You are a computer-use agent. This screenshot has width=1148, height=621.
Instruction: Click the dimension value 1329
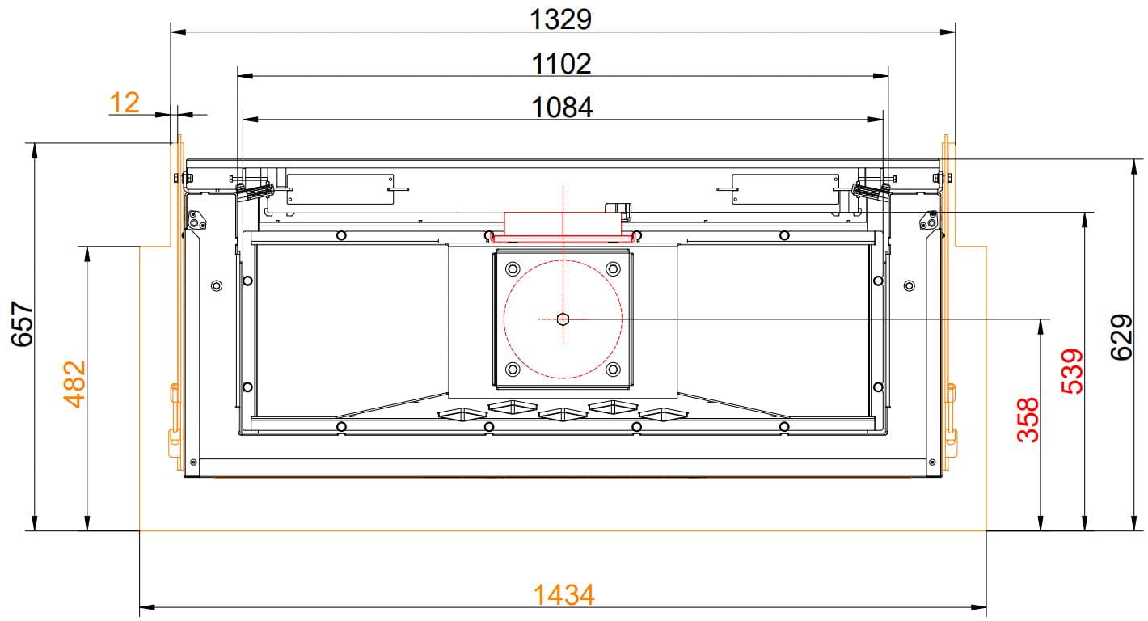pyautogui.click(x=560, y=19)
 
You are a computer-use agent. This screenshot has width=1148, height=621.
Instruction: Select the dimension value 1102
pyautogui.click(x=561, y=64)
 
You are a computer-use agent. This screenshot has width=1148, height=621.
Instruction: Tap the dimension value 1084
pyautogui.click(x=562, y=108)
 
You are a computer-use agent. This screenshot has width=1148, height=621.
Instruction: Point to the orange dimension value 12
pyautogui.click(x=125, y=103)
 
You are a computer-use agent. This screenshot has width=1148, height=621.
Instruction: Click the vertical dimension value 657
pyautogui.click(x=23, y=323)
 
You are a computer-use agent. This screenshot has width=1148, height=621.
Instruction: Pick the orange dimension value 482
pyautogui.click(x=74, y=384)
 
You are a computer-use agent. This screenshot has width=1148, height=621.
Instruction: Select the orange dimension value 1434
pyautogui.click(x=563, y=595)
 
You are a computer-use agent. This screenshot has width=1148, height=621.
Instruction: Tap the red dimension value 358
pyautogui.click(x=1028, y=420)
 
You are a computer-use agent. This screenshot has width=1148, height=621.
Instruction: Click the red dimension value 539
pyautogui.click(x=1072, y=371)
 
